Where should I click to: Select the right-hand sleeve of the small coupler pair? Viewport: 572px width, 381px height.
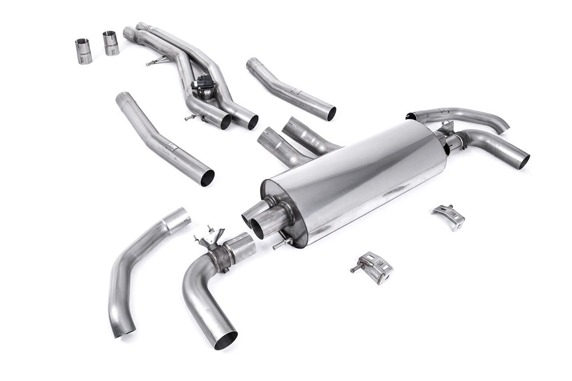tap(111, 43)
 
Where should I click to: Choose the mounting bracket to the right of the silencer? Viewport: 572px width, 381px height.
tap(449, 217)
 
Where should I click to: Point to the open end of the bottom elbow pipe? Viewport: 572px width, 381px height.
tap(226, 340)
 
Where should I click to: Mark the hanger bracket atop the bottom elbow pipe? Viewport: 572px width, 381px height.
tap(210, 236)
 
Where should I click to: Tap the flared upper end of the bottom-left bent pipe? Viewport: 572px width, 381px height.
tap(177, 220)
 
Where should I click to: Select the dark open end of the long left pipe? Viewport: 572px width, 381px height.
tap(208, 178)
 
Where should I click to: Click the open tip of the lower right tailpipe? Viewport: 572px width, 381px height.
tap(524, 161)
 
